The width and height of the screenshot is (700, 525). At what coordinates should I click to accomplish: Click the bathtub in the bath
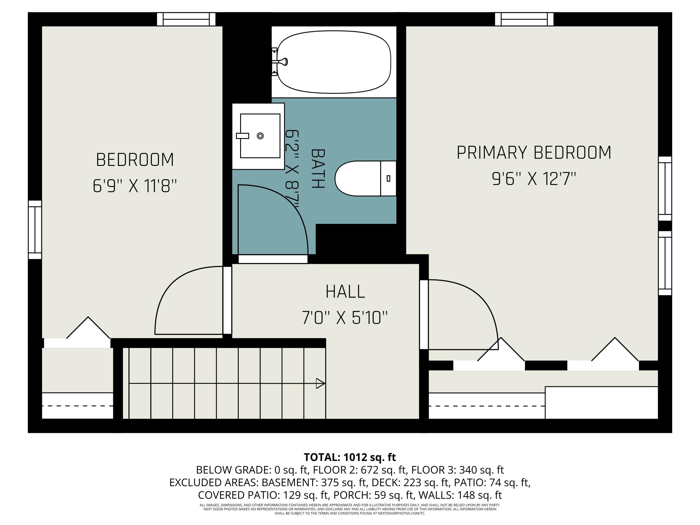coord(334,62)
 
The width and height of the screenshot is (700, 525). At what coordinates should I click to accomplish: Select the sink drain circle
coord(260,136)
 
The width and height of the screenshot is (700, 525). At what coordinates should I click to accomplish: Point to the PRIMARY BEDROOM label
coord(534,153)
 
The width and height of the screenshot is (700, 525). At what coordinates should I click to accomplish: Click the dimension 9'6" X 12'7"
coord(534,179)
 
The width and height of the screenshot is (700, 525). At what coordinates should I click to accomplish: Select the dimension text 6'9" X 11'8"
coord(134,186)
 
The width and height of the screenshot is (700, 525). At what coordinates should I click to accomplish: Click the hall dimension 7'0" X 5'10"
coord(344,318)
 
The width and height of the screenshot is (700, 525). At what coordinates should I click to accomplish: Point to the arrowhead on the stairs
coord(320,384)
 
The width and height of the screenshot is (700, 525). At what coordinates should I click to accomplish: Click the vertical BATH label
coord(318,169)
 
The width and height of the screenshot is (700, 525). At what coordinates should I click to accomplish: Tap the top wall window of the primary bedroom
coord(524,19)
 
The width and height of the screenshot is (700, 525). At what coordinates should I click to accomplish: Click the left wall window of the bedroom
coord(35,230)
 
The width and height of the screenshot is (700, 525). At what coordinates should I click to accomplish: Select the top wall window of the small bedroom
coord(186,19)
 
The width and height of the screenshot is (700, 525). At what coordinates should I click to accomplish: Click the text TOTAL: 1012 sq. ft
coord(350,457)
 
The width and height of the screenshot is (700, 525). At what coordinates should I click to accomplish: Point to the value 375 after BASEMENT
coord(329,483)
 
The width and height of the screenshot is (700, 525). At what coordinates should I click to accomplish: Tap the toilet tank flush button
coord(388,178)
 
